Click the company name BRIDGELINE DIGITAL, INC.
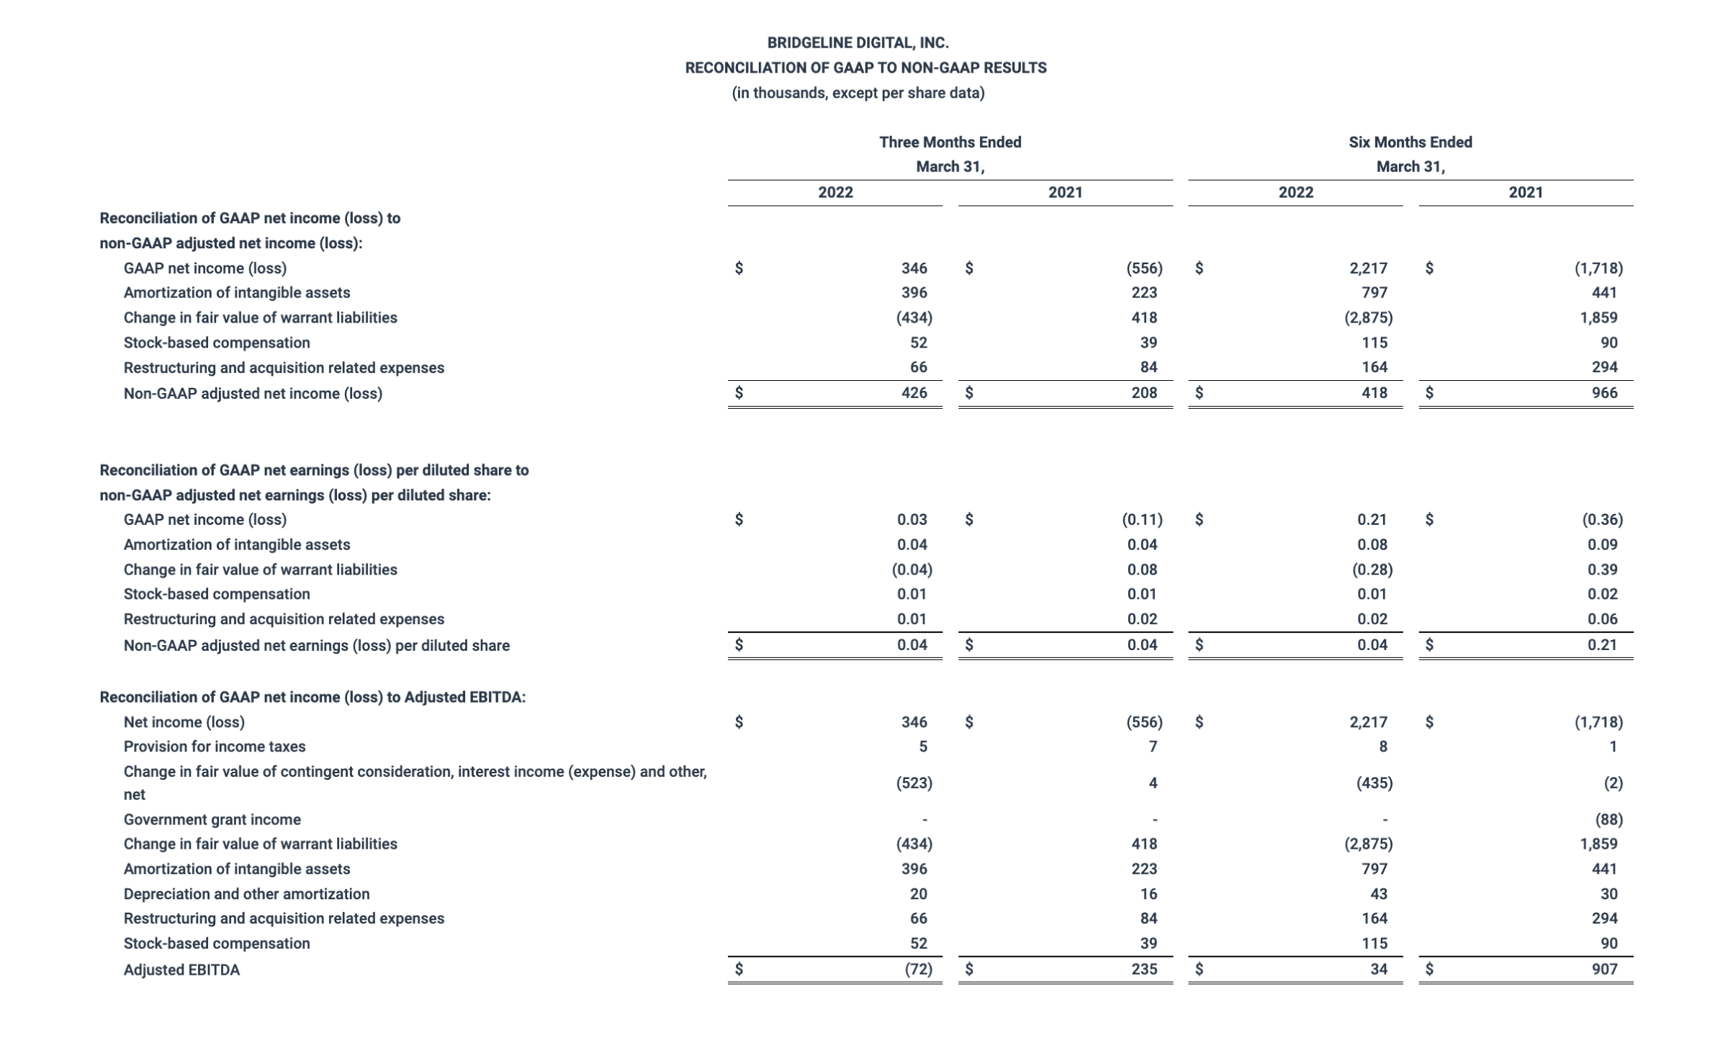858,43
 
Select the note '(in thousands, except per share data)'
858,93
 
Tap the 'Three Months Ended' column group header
950,143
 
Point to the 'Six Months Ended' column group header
1410,143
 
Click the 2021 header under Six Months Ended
1525,192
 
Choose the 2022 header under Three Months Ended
835,192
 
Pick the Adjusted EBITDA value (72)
918,969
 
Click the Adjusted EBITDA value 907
1604,969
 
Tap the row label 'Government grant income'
212,819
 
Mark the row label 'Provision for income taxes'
215,747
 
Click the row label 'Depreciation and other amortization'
246,894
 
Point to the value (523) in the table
914,783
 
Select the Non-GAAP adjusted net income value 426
914,393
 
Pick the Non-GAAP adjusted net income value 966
1604,393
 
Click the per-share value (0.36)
1602,520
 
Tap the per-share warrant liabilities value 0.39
1602,569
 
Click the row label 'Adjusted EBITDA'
181,970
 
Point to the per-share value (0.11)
1142,520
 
